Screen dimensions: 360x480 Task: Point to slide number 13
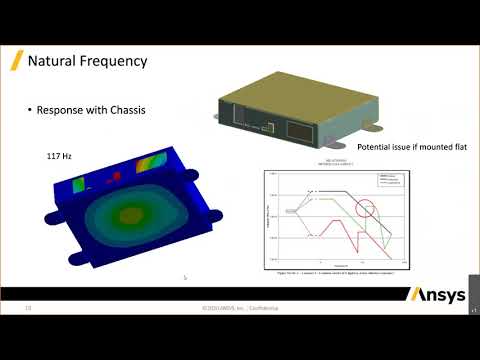click(29, 309)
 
